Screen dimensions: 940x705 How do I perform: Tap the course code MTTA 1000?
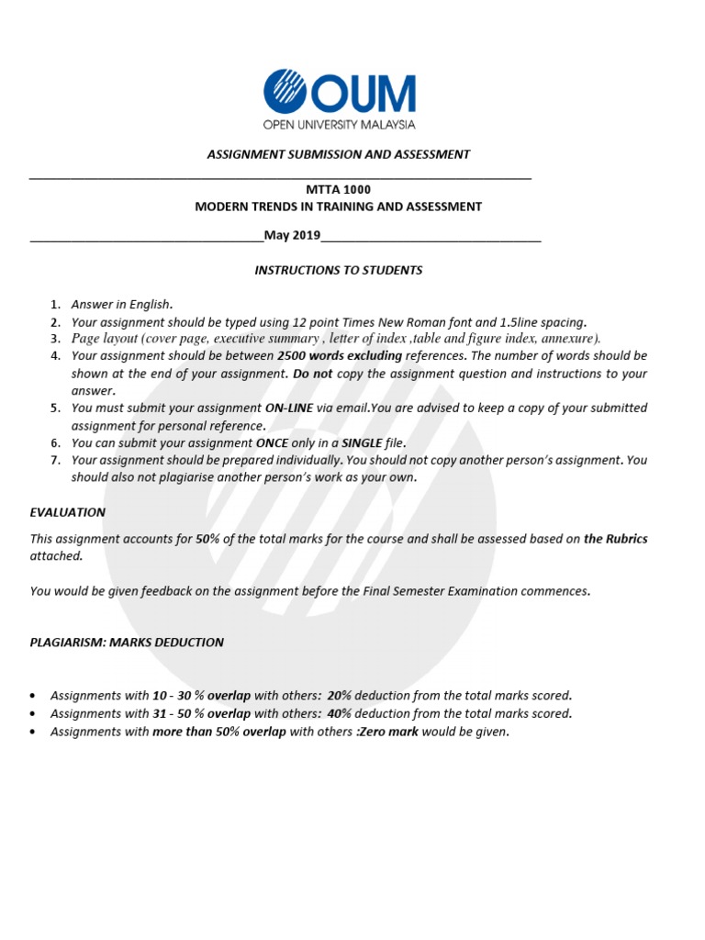(338, 188)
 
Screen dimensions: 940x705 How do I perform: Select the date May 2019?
(292, 236)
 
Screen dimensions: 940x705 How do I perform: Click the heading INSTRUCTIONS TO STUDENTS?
(338, 270)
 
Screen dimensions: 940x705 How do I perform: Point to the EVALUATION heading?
(68, 512)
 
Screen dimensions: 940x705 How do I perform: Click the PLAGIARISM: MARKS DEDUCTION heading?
(127, 643)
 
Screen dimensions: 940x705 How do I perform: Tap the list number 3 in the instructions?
(55, 339)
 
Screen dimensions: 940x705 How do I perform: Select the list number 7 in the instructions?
(55, 460)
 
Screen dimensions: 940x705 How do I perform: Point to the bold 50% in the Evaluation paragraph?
(207, 539)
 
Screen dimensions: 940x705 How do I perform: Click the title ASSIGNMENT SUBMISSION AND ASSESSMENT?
(338, 154)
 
